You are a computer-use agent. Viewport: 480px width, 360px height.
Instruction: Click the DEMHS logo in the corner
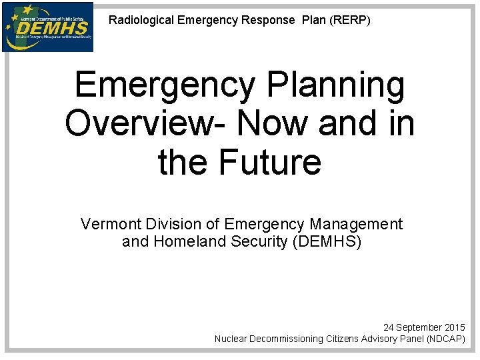click(x=47, y=27)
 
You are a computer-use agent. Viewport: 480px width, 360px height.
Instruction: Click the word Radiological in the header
click(x=141, y=20)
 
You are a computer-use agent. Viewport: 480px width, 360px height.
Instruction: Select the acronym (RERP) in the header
click(x=349, y=20)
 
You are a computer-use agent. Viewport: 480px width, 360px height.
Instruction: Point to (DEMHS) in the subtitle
click(x=327, y=242)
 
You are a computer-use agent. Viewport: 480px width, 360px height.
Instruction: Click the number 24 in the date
click(x=389, y=328)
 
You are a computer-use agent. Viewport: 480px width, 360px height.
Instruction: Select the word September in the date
click(x=420, y=328)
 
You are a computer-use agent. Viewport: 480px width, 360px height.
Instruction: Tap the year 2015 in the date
click(x=455, y=328)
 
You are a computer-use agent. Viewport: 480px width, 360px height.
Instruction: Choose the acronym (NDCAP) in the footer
click(x=441, y=339)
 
